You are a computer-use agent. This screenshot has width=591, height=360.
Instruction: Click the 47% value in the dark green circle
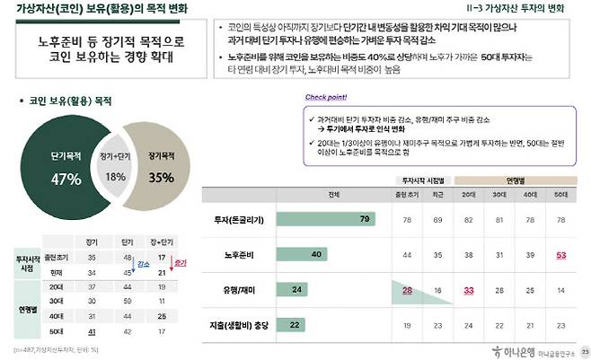tap(66, 179)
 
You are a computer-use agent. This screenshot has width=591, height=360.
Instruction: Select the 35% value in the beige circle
tap(162, 178)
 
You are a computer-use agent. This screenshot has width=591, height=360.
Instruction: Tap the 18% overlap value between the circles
tap(116, 177)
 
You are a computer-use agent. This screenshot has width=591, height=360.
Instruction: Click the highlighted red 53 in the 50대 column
tap(561, 255)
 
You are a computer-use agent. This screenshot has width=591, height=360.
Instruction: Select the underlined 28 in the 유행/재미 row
tap(407, 290)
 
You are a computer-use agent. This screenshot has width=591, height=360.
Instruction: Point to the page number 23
tap(585, 349)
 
